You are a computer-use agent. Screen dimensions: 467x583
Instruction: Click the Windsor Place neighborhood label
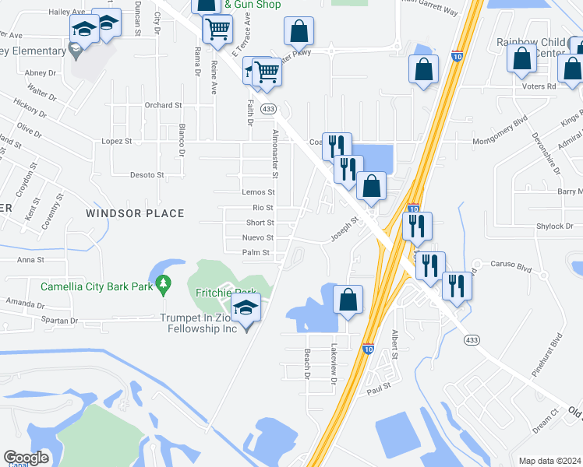[x=134, y=213]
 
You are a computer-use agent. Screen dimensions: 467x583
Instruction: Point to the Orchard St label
[x=163, y=105]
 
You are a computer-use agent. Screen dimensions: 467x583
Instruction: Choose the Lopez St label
[x=117, y=142]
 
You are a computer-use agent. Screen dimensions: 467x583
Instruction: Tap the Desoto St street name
[x=147, y=175]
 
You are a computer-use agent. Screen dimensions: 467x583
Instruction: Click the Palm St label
[x=256, y=252]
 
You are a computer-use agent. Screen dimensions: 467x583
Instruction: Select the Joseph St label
[x=344, y=229]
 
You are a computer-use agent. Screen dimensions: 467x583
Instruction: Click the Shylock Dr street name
[x=554, y=226]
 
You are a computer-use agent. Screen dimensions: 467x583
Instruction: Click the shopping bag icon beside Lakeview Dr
[x=348, y=300]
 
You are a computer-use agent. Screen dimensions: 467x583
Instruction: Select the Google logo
[x=26, y=458]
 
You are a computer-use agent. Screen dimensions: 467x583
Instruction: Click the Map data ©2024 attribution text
[x=550, y=461]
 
